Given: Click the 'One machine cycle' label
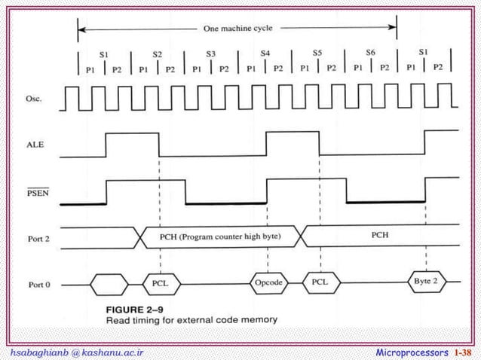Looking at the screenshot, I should pos(237,29).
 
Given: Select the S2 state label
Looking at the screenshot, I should pos(157,54).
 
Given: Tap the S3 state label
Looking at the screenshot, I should pos(210,54).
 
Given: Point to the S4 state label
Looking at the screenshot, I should pos(265,53).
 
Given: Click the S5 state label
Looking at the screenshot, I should pos(317,53).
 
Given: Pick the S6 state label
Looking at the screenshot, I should pos(370,53).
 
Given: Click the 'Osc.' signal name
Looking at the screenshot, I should pos(35,99).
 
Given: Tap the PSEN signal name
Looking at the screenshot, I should pos(37,192).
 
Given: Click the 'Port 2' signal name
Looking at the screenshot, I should pos(38,239).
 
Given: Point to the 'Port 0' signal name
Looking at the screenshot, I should pos(38,285).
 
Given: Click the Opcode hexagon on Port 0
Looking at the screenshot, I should pos(269,283).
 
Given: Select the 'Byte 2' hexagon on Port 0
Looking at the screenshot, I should pos(426,281).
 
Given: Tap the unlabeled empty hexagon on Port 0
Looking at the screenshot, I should pos(109,285).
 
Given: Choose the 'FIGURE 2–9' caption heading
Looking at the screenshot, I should pos(132,309).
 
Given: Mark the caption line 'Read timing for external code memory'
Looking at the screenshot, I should pos(191,319).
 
